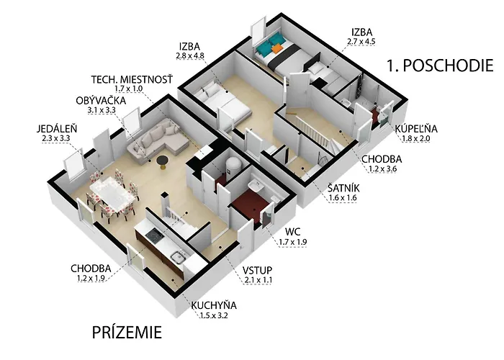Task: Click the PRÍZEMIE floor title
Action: coord(127,332)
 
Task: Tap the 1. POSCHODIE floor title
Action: coord(440,66)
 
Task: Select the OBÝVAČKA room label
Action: coord(101,101)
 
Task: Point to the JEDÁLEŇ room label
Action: coord(57,129)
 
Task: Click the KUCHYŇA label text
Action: coord(214,305)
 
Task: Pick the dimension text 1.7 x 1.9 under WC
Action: coord(293,242)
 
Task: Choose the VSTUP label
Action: coord(258,270)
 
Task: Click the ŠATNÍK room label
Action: coord(343,188)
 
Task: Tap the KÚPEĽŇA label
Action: coord(416,129)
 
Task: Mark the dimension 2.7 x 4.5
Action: coord(361,42)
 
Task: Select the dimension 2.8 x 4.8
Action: coord(190,55)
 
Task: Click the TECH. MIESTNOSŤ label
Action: coord(132,79)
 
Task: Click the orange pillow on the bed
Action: coord(276,48)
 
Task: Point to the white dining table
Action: coord(112,195)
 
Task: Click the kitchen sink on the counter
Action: coord(178,257)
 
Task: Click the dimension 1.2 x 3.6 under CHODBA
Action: coord(382,168)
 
